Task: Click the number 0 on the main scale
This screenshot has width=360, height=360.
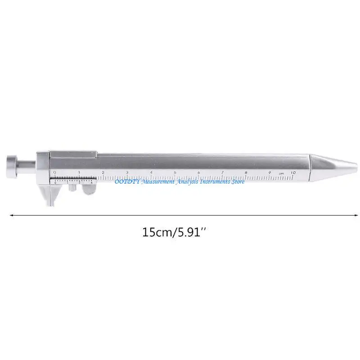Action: click(54, 172)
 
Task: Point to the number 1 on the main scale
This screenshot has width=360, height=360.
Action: click(79, 172)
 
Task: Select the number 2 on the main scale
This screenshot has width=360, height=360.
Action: click(103, 172)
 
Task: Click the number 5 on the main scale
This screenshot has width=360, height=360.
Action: click(175, 172)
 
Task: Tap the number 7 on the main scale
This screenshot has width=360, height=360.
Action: click(222, 172)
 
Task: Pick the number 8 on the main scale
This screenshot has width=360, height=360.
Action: click(246, 172)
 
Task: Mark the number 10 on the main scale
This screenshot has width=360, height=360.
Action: click(293, 172)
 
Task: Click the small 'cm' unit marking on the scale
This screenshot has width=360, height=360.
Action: click(281, 173)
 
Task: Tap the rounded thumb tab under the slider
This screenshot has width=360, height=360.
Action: click(89, 190)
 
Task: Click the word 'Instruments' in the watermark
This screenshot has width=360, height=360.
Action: click(213, 181)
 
